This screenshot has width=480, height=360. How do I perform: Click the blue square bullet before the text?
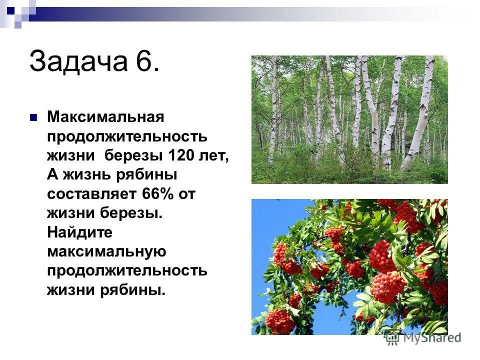tap(34, 118)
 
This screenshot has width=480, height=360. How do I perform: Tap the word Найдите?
tap(80, 232)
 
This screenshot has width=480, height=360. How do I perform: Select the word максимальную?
tap(106, 251)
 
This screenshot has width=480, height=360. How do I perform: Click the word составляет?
tap(92, 194)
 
